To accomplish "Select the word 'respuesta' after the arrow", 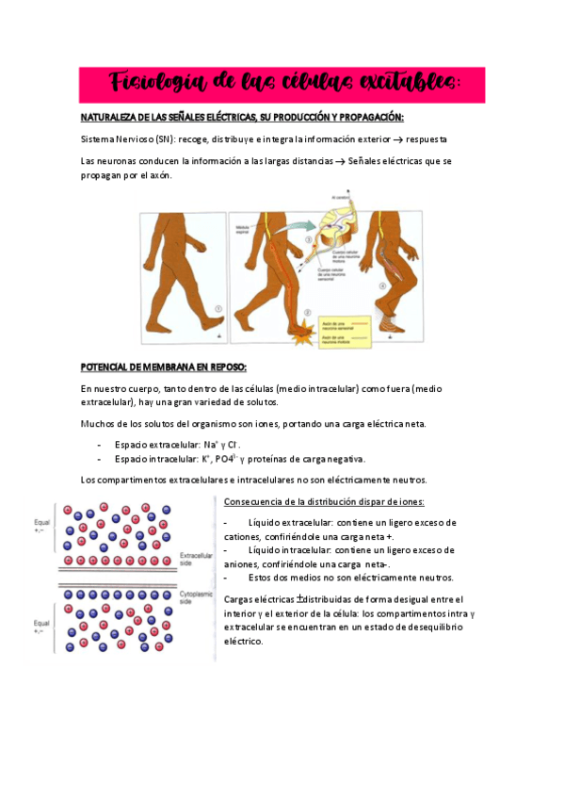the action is click(434, 139).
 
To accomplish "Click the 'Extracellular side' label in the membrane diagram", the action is click(197, 559).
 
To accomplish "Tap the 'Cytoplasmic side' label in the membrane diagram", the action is click(198, 597).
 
